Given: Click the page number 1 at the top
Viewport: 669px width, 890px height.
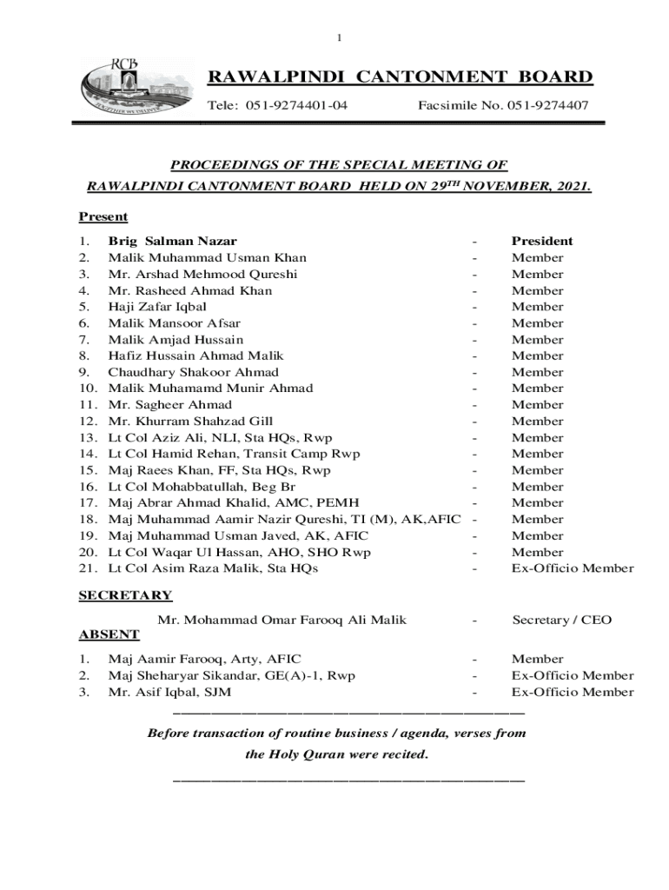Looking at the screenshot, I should [340, 37].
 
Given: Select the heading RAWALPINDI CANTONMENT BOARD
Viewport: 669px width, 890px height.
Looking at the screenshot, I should [400, 77].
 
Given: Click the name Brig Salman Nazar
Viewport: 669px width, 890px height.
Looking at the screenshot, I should [172, 241].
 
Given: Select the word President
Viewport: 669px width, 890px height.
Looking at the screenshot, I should [541, 241].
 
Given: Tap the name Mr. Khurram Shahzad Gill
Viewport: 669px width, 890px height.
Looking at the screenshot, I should [190, 421].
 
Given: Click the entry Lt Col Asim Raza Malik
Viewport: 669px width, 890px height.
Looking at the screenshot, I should [213, 568].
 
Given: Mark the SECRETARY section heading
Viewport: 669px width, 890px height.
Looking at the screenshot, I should [125, 595].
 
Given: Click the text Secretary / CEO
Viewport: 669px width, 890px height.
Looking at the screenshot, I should [561, 620].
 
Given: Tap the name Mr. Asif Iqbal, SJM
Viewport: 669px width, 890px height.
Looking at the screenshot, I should [169, 692].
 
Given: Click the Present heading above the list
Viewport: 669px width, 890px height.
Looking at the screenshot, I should [103, 216].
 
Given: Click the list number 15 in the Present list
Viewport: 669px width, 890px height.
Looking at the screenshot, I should [88, 470].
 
